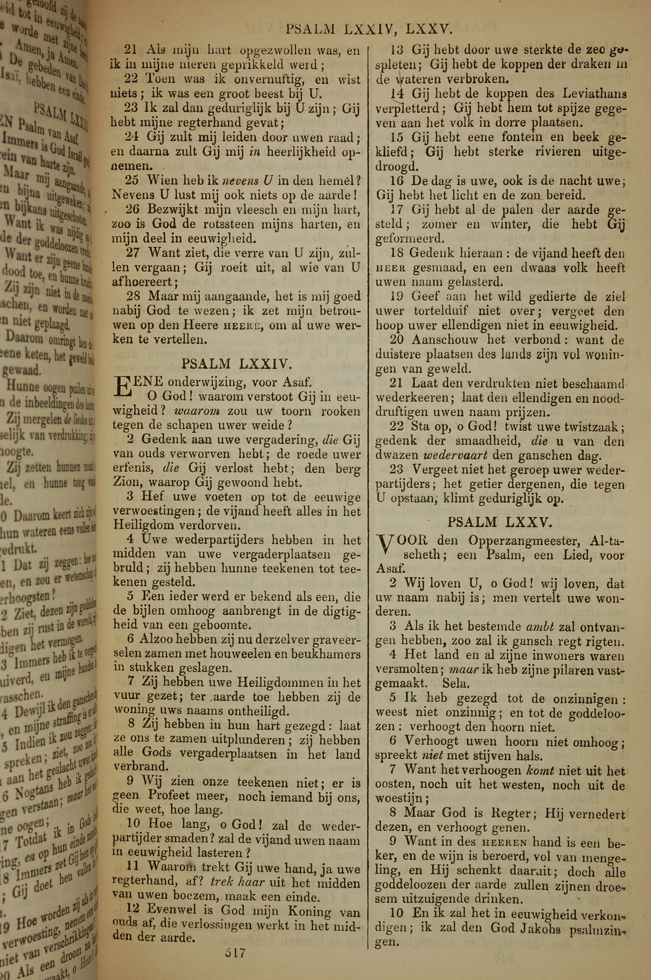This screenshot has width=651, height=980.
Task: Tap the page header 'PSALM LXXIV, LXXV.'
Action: (368, 29)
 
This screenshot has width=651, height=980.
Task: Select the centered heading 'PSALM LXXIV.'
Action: (237, 364)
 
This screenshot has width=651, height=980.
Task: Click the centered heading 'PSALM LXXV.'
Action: (500, 522)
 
